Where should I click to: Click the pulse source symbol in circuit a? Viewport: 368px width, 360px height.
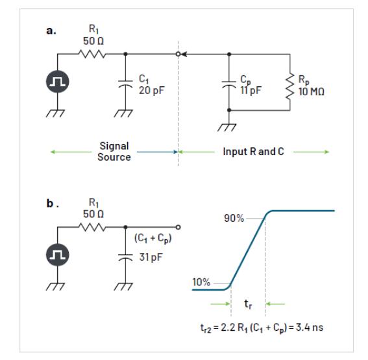click(58, 81)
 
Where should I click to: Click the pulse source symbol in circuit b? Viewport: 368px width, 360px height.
click(58, 254)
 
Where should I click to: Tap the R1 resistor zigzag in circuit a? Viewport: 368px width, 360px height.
click(92, 54)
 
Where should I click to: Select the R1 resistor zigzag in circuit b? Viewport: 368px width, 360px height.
click(92, 227)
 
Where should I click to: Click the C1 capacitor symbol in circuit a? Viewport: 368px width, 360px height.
click(125, 84)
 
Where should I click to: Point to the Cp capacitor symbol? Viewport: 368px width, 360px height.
click(229, 84)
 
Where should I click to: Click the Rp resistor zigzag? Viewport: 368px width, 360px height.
click(290, 86)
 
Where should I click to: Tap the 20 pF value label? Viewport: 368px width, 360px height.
click(152, 91)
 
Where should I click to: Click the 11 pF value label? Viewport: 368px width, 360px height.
click(251, 91)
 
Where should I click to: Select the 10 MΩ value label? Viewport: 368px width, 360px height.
click(312, 91)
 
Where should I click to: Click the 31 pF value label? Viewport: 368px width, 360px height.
click(151, 258)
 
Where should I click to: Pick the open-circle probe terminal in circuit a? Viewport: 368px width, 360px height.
click(178, 54)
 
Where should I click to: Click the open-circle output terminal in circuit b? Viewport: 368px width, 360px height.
click(178, 227)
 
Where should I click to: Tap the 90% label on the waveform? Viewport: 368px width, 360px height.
click(234, 219)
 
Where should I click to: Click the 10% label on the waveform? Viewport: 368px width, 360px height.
click(201, 282)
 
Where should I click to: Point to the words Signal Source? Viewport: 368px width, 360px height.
click(114, 152)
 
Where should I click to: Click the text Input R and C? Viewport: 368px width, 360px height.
click(254, 152)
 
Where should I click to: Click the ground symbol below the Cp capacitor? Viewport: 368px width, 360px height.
click(227, 128)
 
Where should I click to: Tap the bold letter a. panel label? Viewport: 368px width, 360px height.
click(51, 31)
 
